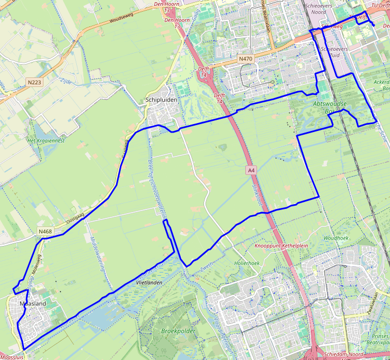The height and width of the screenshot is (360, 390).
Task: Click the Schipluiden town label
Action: pos(160,100)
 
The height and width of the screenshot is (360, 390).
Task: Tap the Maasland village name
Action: pos(32,304)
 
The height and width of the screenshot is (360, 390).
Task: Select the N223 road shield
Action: pos(34,82)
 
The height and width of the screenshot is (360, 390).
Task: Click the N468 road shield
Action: pos(45,232)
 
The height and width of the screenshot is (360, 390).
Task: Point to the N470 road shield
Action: pos(245,58)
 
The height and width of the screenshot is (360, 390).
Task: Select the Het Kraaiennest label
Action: pos(46,141)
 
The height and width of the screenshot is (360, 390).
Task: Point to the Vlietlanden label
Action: pos(148,284)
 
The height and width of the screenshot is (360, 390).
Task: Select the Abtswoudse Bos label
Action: pos(329,108)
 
